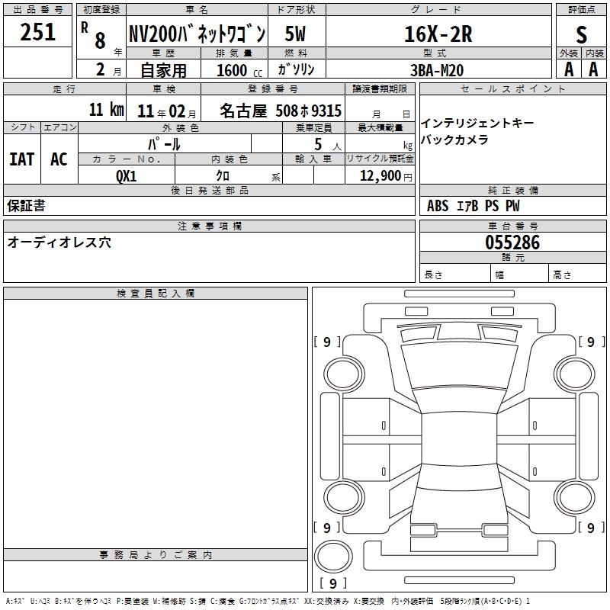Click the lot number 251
tap(37, 32)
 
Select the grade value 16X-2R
tap(438, 34)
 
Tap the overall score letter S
tap(581, 34)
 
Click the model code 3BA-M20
tap(437, 70)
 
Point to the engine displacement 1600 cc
tap(239, 70)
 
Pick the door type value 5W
tap(295, 34)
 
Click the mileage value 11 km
tap(106, 110)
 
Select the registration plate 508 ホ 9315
tap(309, 111)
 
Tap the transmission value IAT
tap(22, 159)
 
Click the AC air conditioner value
tap(59, 159)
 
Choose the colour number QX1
tap(127, 176)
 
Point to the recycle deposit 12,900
tap(380, 176)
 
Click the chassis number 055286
tap(512, 242)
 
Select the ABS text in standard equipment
tap(438, 206)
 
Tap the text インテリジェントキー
tap(478, 124)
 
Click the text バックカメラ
tap(454, 140)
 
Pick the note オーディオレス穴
tap(59, 242)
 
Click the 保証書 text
tap(26, 206)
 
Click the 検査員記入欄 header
tap(156, 294)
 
